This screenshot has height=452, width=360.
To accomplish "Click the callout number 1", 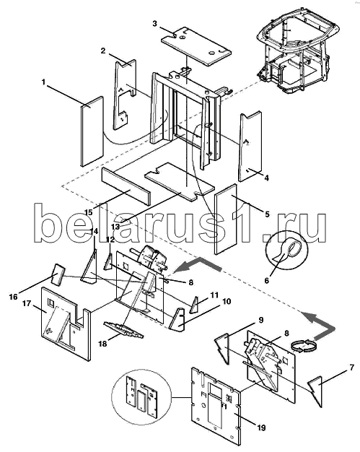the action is point(43,82).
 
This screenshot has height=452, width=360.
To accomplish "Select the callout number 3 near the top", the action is point(154,23).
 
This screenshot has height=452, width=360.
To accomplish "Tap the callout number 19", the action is point(261,427).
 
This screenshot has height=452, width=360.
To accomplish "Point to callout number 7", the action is point(351,368).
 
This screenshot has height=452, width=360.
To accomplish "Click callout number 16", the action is point(14,296).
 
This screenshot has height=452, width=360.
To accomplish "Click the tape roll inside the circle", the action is point(289,249).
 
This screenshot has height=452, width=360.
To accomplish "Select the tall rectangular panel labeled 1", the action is point(92,131).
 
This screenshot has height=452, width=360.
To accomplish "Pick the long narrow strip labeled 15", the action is point(126,186).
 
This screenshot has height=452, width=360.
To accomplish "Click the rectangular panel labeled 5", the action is point(226,219).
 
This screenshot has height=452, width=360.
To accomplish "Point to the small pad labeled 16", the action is point(58,274).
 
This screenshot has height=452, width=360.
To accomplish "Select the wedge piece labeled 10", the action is point(177,319).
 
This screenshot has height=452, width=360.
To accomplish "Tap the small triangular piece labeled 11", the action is point(194,305).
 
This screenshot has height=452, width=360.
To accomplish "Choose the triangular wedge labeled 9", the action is point(223,347).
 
